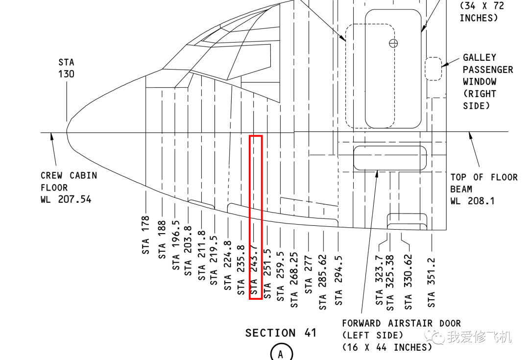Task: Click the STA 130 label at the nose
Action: (x=67, y=68)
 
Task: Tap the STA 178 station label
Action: (x=146, y=235)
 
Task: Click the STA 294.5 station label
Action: (x=338, y=281)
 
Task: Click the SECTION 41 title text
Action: (x=281, y=333)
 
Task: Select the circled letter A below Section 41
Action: (x=281, y=353)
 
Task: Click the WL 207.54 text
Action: (x=66, y=200)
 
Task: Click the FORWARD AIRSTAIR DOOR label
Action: (x=401, y=323)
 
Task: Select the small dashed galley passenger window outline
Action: (x=433, y=69)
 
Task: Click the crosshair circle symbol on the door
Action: (x=393, y=43)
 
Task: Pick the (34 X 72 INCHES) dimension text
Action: (x=481, y=12)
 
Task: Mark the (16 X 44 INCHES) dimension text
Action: (x=387, y=347)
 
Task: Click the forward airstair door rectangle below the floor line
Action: (x=390, y=157)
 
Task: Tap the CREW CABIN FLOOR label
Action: (x=69, y=181)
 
